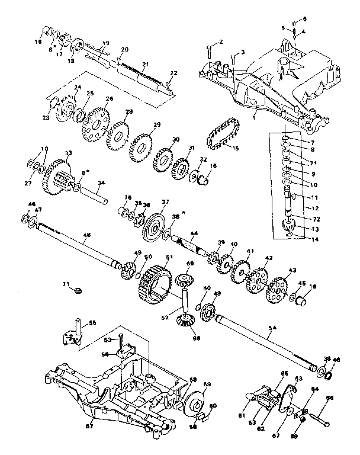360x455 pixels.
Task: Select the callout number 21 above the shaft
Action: [145, 63]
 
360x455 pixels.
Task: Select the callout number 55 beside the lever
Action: [92, 323]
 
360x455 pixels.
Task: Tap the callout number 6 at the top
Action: [305, 20]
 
